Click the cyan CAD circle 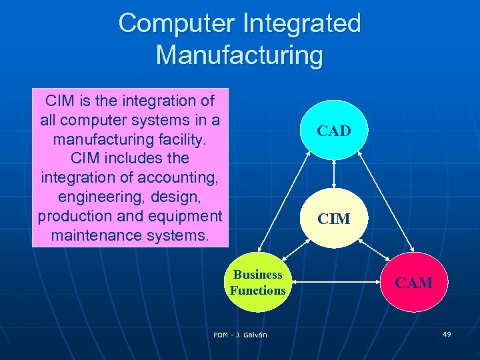tap(333, 131)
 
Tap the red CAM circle tap(413, 283)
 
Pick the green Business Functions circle tap(257, 283)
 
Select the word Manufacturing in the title tap(239, 54)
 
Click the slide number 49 tap(447, 333)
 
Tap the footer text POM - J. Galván tap(240, 335)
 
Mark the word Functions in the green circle tap(257, 291)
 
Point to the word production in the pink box tap(75, 217)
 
